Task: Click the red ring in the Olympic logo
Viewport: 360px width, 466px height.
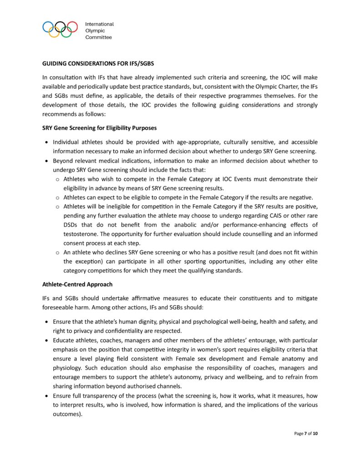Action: tap(72, 27)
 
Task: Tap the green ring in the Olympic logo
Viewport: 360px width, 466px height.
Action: tap(66, 32)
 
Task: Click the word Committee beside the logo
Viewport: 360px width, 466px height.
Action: tap(98, 37)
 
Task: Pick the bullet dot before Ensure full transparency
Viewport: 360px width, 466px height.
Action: tap(47, 396)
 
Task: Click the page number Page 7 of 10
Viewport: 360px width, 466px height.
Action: tap(306, 434)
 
